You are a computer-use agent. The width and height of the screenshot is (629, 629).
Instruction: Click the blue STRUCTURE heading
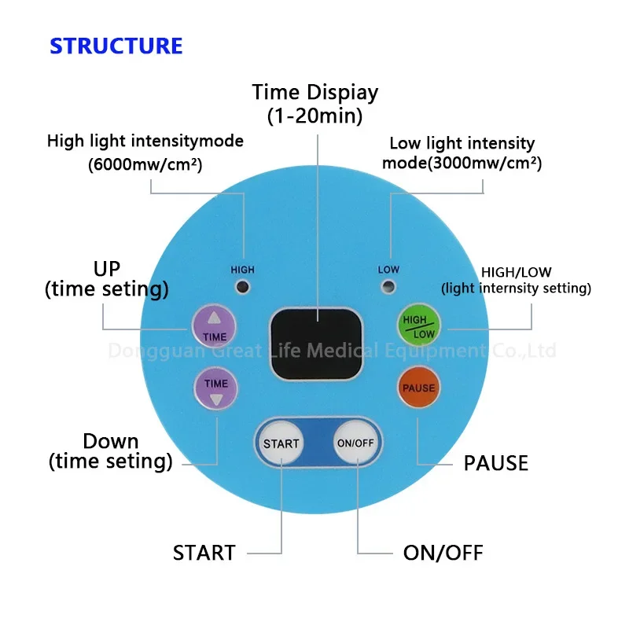click(116, 46)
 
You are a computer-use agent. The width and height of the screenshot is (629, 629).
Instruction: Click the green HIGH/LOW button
click(418, 326)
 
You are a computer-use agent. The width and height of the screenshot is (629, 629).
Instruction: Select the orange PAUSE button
click(418, 388)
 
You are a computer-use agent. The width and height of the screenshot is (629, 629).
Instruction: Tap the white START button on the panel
click(281, 443)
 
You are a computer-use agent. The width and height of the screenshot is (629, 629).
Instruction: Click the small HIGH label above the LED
click(242, 270)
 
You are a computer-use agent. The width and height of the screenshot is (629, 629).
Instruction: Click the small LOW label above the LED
click(388, 270)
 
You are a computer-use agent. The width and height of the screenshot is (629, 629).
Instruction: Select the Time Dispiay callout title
click(314, 92)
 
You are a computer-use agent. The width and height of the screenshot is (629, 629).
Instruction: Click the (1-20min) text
click(314, 116)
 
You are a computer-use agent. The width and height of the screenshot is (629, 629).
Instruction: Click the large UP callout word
click(107, 268)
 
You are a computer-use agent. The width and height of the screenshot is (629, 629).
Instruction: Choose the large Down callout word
click(111, 441)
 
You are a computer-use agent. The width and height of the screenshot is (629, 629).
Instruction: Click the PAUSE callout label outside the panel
click(495, 462)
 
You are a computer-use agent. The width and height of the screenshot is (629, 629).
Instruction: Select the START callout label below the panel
click(204, 553)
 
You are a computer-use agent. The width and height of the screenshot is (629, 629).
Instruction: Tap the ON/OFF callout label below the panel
click(443, 553)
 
